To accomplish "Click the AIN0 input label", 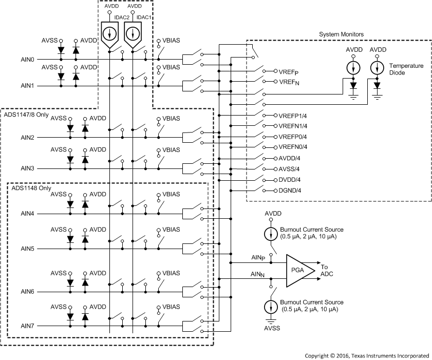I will click(x=27, y=60).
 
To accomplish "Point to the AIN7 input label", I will click(x=27, y=326).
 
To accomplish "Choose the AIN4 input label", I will click(x=27, y=213).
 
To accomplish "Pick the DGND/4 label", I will click(x=289, y=191).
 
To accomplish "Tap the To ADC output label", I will click(x=328, y=270).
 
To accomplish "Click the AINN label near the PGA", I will click(x=257, y=275).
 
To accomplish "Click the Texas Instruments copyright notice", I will click(x=367, y=355).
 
